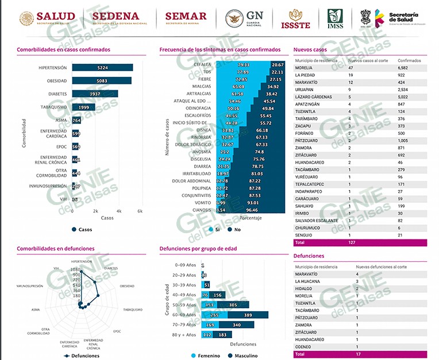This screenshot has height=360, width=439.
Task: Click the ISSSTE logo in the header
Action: (295, 18)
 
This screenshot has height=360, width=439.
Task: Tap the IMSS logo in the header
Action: (336, 18)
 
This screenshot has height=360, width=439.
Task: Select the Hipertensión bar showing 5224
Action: (102, 67)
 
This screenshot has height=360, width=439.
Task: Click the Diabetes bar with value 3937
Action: (95, 94)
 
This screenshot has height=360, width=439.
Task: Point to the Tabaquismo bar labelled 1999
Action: (83, 107)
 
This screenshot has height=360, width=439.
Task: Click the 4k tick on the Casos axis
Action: (119, 211)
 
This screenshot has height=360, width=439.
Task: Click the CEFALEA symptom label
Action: (202, 65)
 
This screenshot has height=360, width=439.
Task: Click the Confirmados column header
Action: (409, 60)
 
